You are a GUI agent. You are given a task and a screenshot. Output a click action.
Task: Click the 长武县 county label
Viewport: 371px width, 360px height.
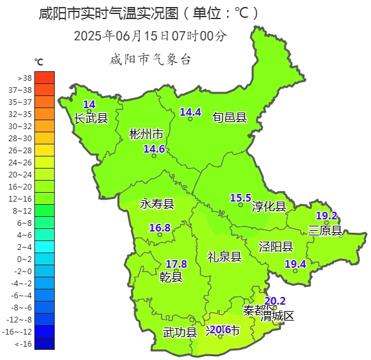point(91,118)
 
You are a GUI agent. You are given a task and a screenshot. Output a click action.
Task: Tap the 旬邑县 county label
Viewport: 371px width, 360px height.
point(230,117)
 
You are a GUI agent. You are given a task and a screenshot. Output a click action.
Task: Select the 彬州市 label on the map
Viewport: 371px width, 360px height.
point(146,134)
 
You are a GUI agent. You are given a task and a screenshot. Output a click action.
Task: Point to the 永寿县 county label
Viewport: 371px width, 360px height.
point(157,204)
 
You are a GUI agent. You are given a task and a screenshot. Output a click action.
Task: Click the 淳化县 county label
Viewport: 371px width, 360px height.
point(269,207)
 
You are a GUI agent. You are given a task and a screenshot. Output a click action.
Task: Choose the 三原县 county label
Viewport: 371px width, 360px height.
point(325,230)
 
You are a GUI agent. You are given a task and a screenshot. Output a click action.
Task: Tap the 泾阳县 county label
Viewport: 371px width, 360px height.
point(276,247)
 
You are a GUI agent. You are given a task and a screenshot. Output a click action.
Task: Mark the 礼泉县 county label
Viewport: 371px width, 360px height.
point(224,257)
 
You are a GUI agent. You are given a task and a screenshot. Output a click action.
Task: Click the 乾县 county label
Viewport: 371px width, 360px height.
point(171,277)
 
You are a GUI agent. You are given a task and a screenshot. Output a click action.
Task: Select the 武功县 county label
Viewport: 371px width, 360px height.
point(180,332)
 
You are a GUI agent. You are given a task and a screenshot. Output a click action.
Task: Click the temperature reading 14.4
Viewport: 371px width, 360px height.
point(190,112)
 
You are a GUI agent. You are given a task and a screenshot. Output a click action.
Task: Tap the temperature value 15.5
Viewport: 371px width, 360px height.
point(241,198)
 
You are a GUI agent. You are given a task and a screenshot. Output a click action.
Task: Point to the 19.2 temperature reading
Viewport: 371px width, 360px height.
point(326,216)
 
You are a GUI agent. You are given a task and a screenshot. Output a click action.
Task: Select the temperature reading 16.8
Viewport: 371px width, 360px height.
point(160,228)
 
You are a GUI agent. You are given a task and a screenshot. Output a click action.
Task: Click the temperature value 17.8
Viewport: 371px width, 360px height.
point(176,264)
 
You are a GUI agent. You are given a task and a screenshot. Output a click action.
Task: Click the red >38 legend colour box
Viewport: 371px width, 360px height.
point(45,77)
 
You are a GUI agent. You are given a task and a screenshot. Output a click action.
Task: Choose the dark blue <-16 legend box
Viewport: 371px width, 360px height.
point(45,343)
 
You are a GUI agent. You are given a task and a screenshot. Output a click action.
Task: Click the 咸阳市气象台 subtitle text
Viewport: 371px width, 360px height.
point(150,60)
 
